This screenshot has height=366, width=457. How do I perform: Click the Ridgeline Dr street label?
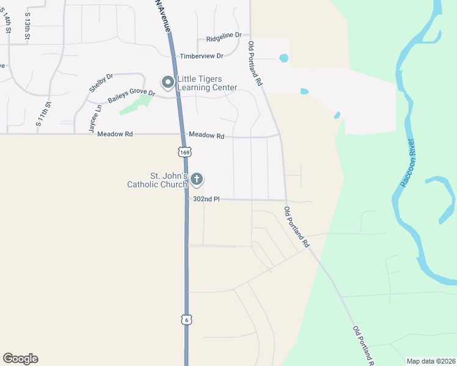click(224, 37)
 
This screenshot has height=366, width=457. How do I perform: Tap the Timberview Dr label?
click(202, 56)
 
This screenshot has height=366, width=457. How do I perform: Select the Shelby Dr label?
click(101, 83)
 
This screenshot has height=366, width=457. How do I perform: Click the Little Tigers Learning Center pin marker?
click(167, 82)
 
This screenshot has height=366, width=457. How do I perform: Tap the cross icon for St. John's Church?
click(196, 179)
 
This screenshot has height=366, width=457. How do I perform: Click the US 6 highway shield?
click(186, 319)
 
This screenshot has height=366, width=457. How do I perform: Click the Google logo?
click(20, 359)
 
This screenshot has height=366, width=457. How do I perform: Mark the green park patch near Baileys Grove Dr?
click(135, 104)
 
